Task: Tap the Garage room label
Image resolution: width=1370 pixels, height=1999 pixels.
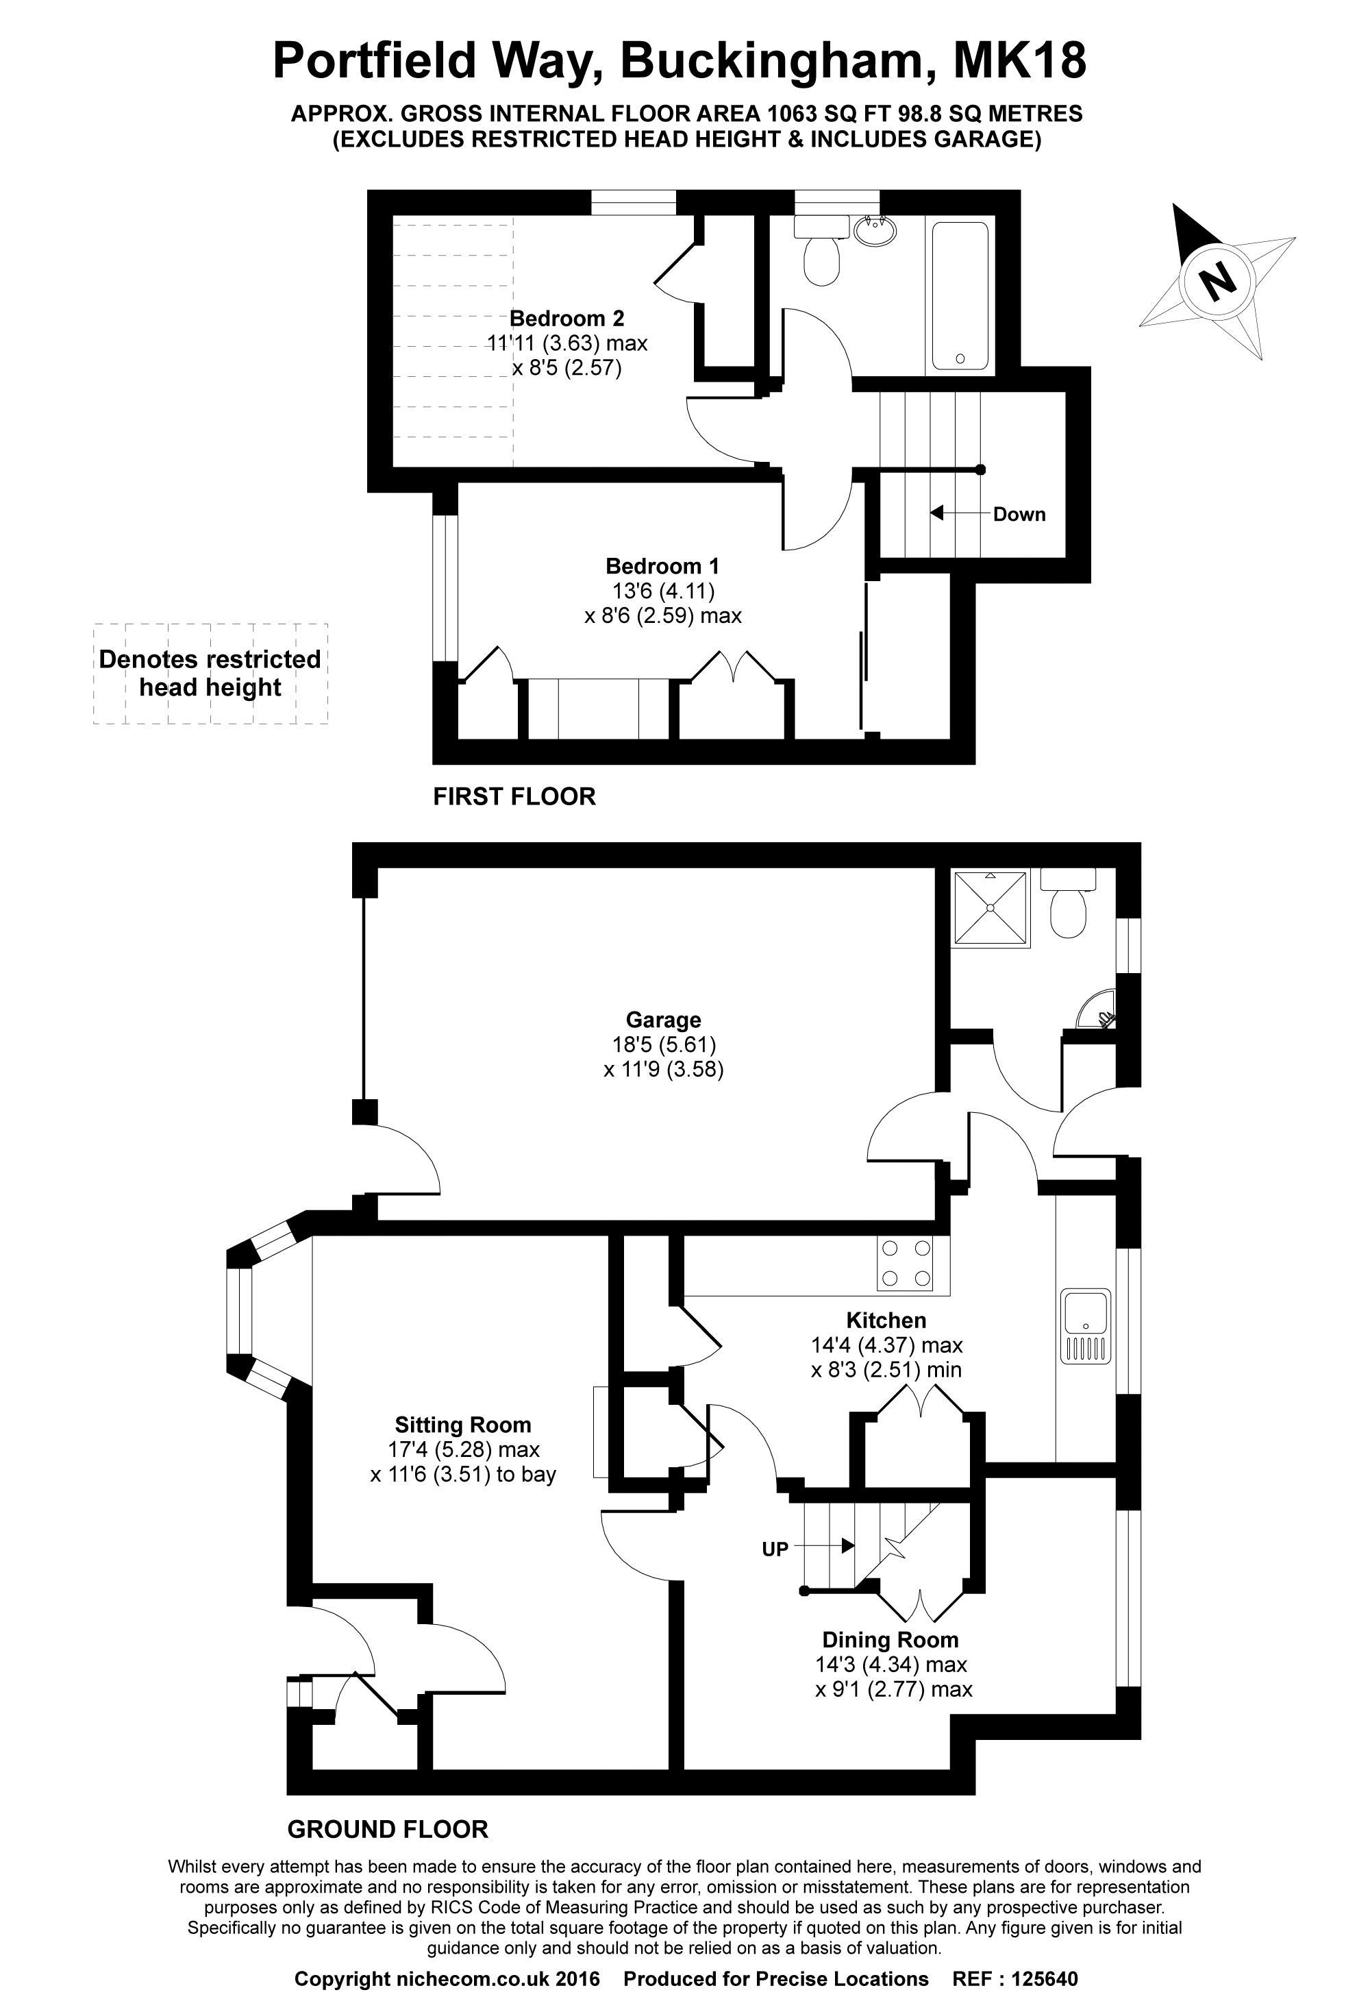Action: pos(663,1020)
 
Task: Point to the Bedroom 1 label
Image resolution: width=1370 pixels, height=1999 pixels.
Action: pos(662,566)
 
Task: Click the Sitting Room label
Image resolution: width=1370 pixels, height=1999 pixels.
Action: pos(462,1425)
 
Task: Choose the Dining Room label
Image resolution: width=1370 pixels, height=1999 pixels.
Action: pos(890,1641)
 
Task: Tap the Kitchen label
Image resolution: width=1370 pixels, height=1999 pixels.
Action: pos(886,1321)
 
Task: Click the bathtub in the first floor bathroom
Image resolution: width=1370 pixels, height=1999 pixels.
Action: pos(960,296)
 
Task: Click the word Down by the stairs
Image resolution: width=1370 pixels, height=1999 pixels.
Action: pos(1019,515)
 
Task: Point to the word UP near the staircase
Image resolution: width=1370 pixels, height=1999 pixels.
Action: pos(775,1549)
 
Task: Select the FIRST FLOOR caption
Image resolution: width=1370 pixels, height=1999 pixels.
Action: pos(514,796)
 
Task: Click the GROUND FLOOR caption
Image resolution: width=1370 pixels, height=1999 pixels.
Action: pos(388,1830)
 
